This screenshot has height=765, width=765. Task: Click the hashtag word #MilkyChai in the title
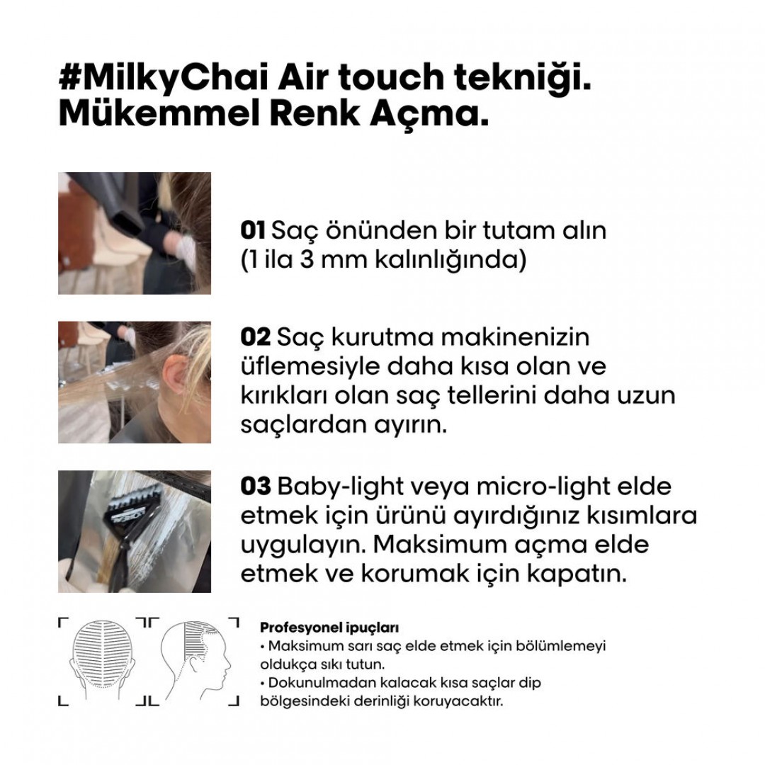pyautogui.click(x=164, y=78)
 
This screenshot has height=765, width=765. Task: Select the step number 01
pyautogui.click(x=253, y=230)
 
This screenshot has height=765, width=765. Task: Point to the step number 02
pyautogui.click(x=255, y=337)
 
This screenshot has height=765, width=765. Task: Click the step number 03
pyautogui.click(x=255, y=487)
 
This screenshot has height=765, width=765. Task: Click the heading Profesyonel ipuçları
pyautogui.click(x=329, y=628)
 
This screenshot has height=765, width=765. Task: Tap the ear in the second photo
pyautogui.click(x=175, y=374)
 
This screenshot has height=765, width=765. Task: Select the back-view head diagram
pyautogui.click(x=103, y=660)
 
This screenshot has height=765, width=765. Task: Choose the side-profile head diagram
pyautogui.click(x=196, y=661)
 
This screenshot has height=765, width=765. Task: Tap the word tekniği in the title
pyautogui.click(x=523, y=78)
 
